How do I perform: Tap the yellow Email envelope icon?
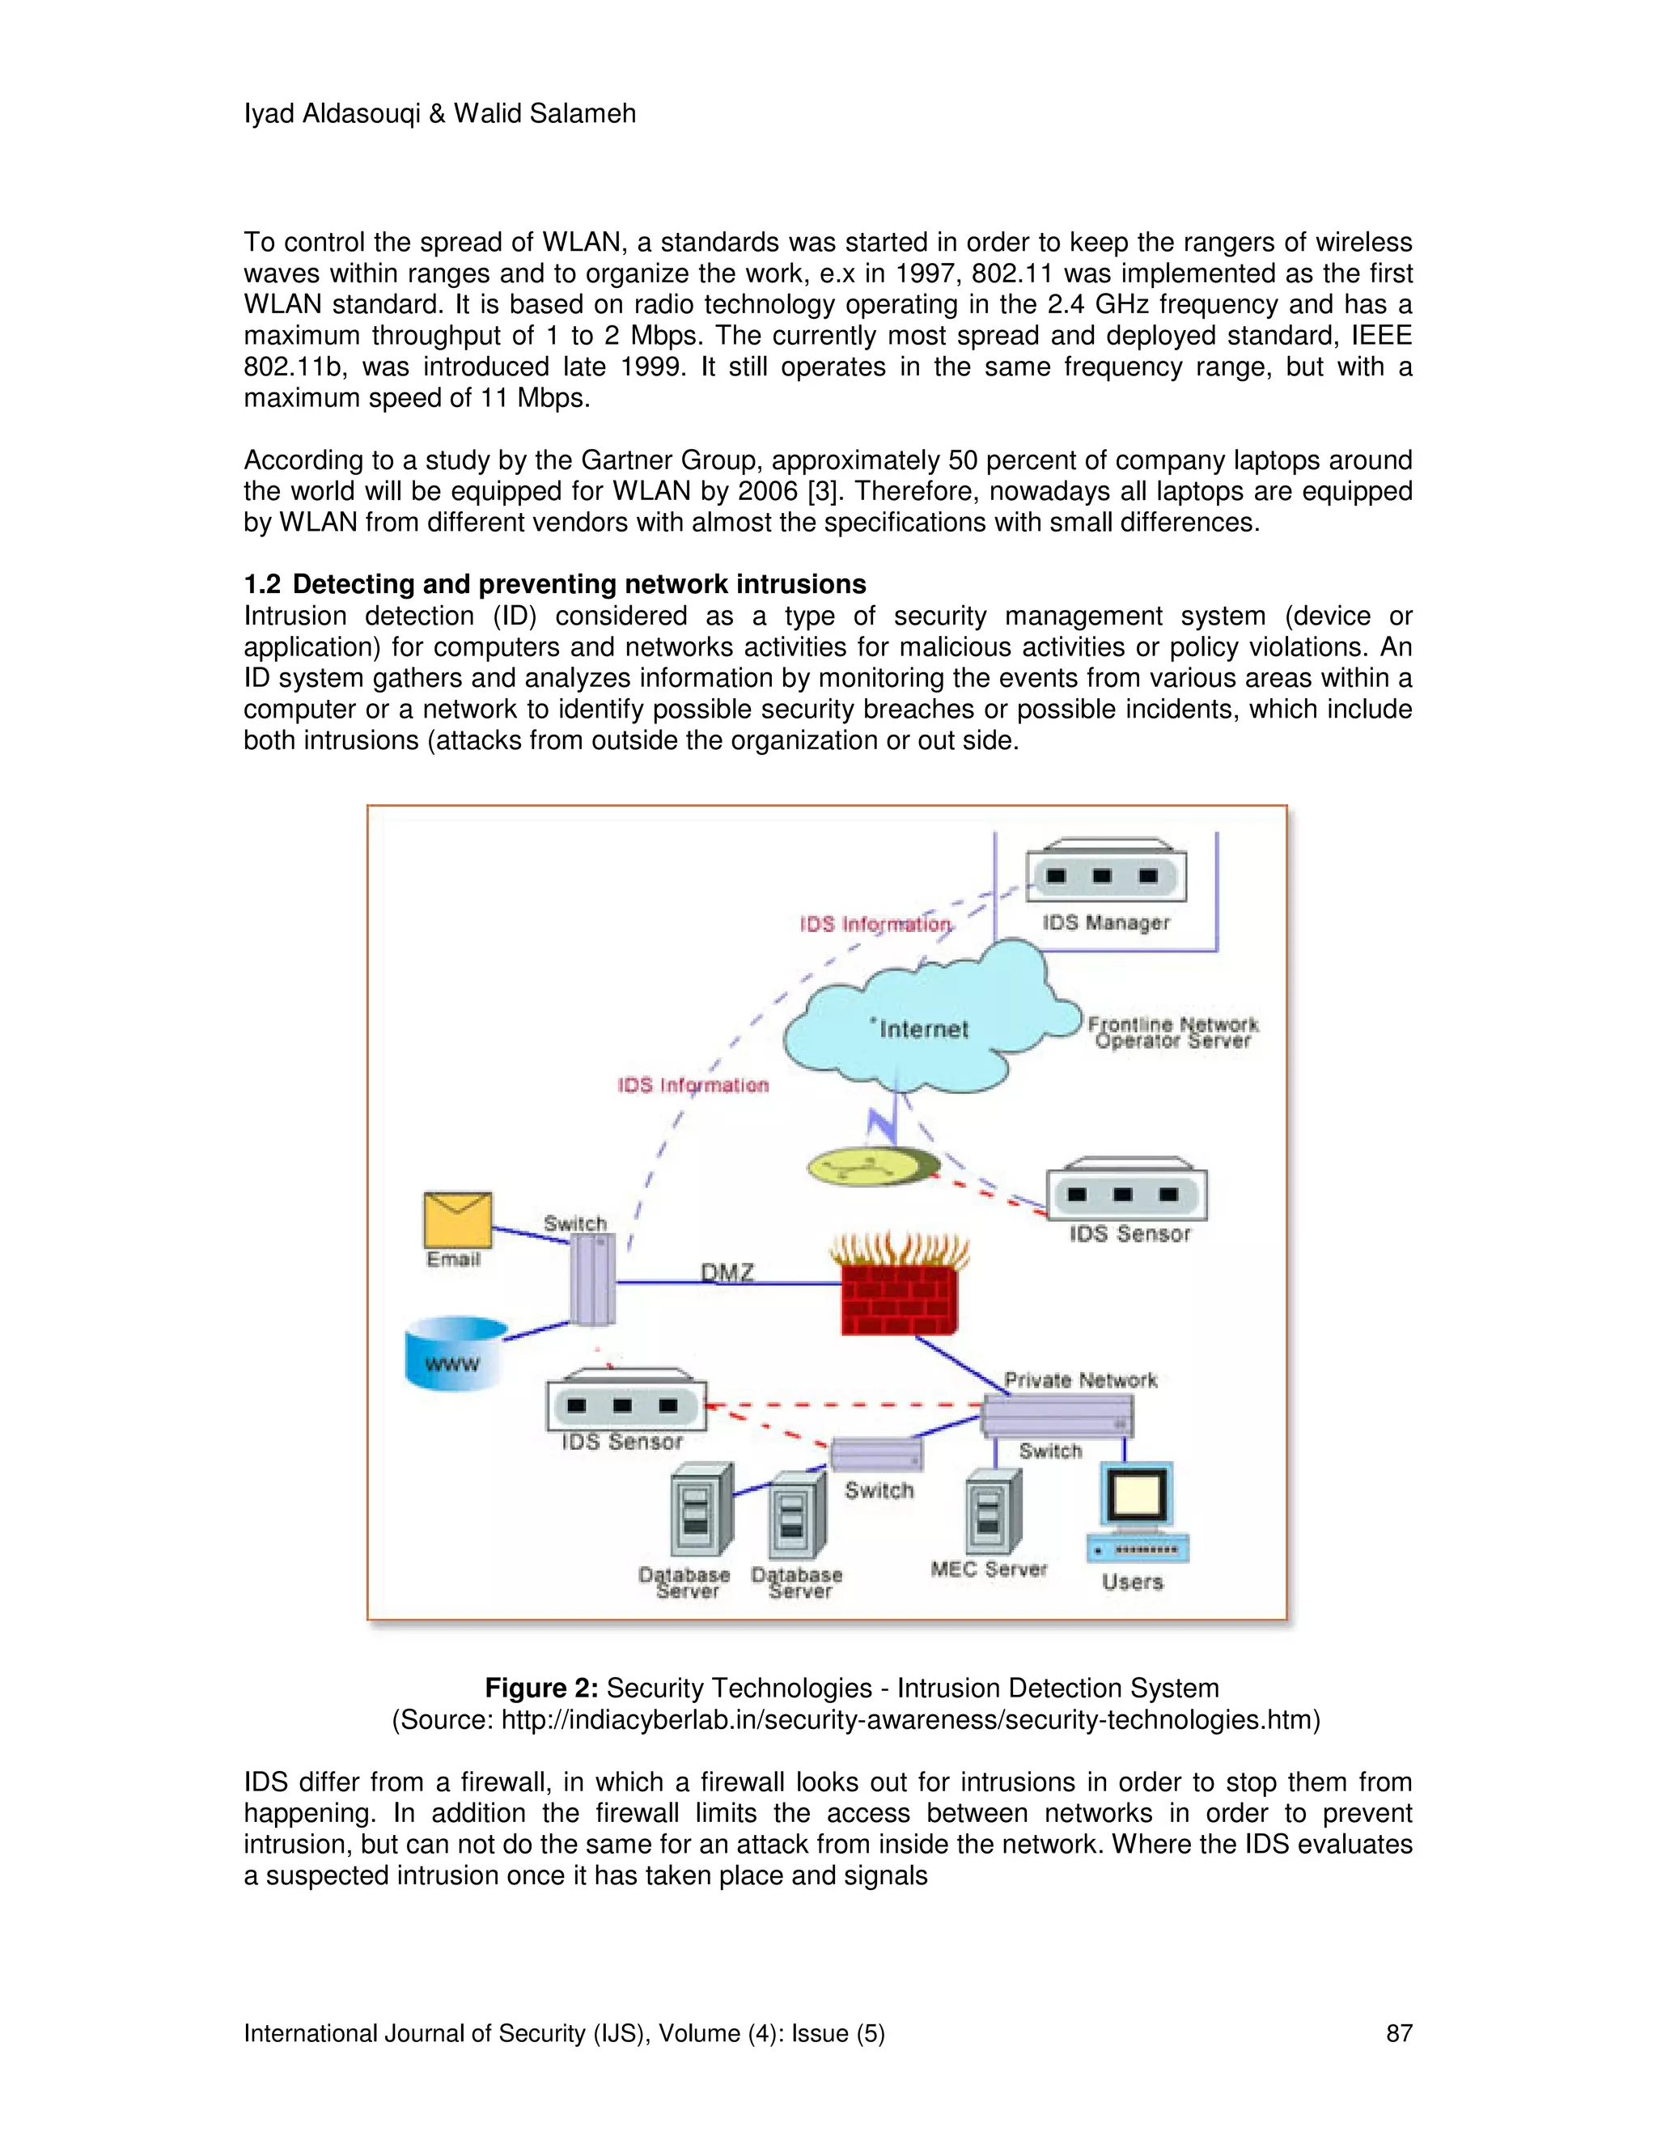click(x=457, y=1219)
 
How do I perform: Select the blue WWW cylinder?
click(x=455, y=1354)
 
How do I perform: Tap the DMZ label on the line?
click(x=727, y=1273)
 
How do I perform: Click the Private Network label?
click(x=1080, y=1379)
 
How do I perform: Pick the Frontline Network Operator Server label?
click(x=1172, y=1032)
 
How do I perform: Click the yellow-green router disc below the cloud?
click(x=870, y=1166)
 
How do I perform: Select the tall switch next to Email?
click(x=593, y=1279)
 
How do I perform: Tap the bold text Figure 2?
click(x=541, y=1688)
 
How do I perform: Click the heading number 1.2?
click(x=262, y=584)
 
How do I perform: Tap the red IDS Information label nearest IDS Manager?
click(x=874, y=924)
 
